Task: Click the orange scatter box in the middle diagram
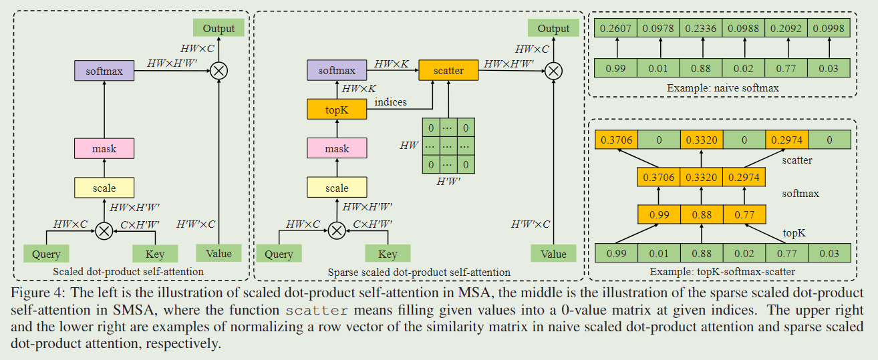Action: [x=448, y=70]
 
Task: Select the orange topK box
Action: [x=337, y=109]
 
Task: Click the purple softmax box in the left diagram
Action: [x=104, y=70]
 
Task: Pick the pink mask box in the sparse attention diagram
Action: [x=337, y=148]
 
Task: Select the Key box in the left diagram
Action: [x=155, y=254]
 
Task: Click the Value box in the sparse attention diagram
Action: [x=553, y=254]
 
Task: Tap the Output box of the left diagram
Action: [x=219, y=28]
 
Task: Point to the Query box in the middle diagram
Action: [x=279, y=254]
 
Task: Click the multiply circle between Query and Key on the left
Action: [x=104, y=230]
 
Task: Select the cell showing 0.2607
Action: [x=615, y=28]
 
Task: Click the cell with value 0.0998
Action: [x=829, y=28]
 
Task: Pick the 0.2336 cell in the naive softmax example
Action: [x=701, y=28]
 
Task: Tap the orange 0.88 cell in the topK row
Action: [x=701, y=215]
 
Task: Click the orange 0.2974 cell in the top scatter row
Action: [x=786, y=140]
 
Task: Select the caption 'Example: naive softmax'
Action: [x=722, y=87]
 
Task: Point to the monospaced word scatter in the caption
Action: [x=317, y=310]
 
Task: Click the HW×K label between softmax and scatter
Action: [x=392, y=64]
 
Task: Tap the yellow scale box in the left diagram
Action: [x=104, y=188]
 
